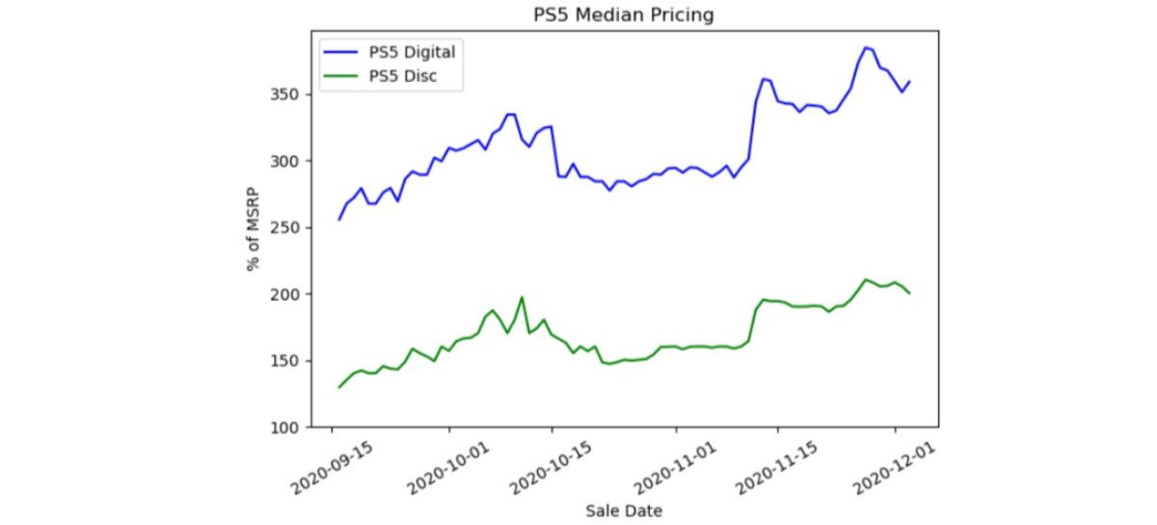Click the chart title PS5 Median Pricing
click(x=624, y=14)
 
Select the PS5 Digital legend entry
click(x=406, y=51)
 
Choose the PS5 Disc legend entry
click(x=396, y=76)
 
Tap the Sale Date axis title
click(x=624, y=510)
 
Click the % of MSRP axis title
click(x=254, y=228)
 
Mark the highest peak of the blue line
click(x=866, y=47)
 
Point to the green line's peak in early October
click(x=522, y=298)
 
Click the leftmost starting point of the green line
click(x=338, y=387)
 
